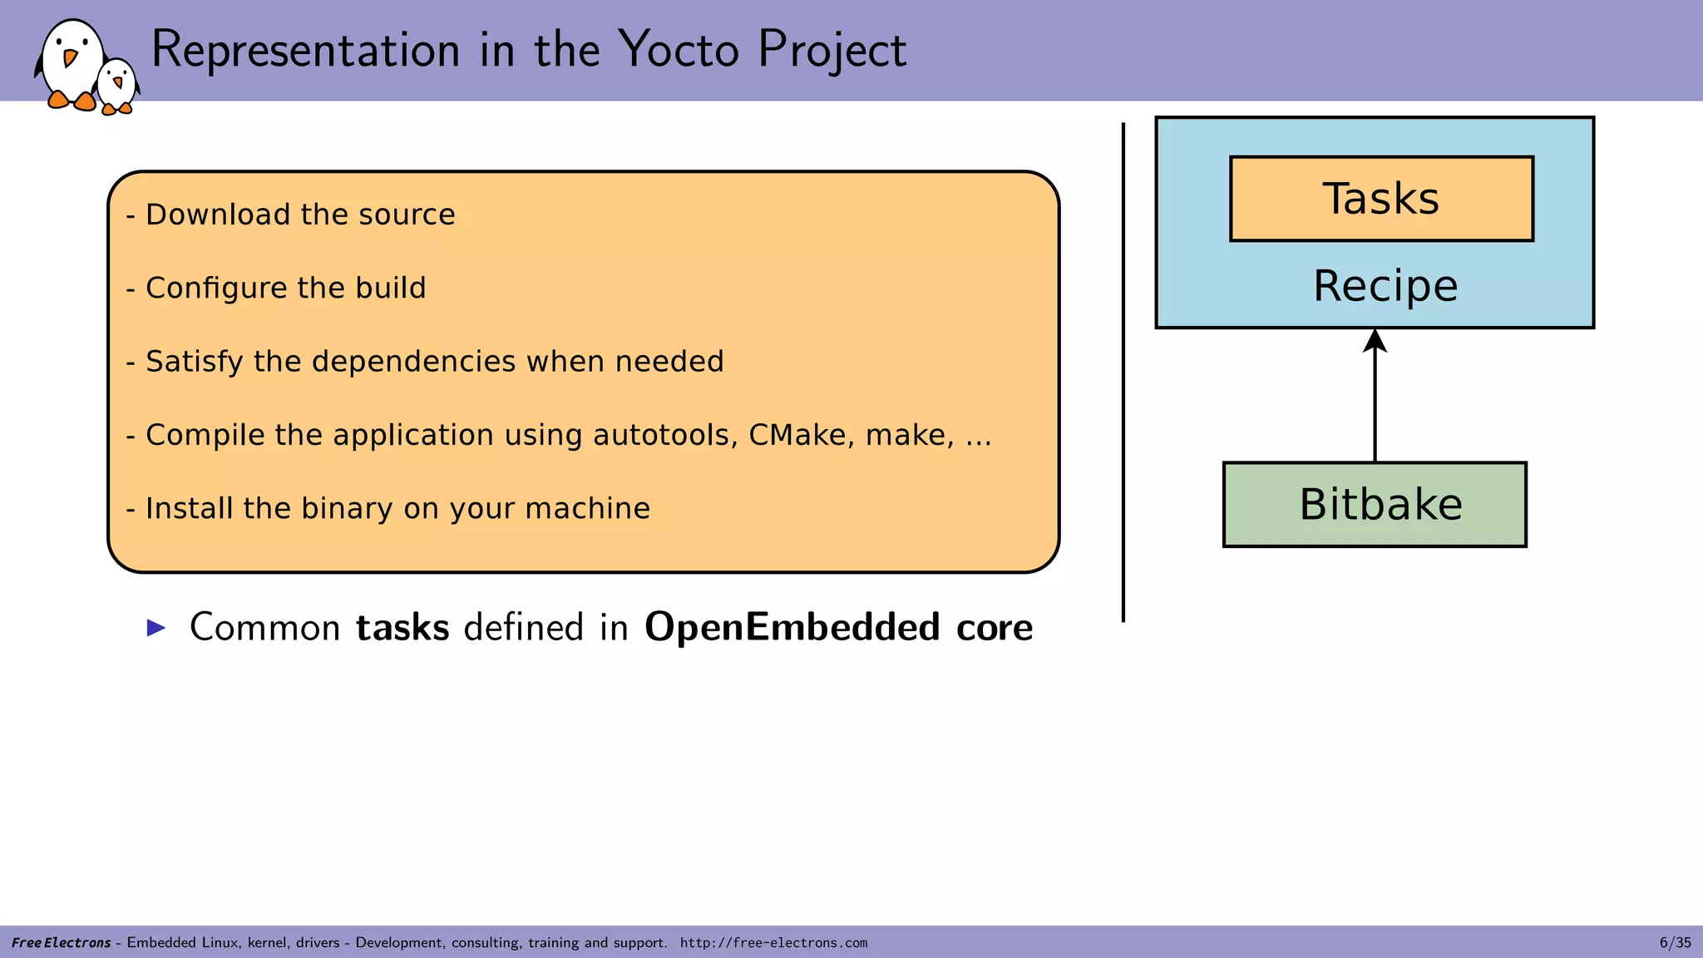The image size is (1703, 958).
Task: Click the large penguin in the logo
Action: coord(71,62)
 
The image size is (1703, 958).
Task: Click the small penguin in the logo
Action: coord(117,85)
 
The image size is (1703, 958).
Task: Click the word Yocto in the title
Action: coord(679,50)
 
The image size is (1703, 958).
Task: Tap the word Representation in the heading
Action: coord(305,50)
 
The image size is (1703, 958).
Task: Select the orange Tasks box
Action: coord(1381,199)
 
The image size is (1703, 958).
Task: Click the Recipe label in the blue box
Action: coord(1385,286)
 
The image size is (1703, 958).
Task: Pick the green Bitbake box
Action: coord(1375,504)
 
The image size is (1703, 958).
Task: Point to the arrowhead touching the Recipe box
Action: coord(1375,340)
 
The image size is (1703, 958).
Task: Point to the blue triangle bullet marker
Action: coord(156,628)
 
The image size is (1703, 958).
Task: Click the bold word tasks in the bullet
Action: coord(402,628)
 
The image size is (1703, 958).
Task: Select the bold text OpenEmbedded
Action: coord(792,628)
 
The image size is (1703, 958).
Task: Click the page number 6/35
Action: coord(1675,942)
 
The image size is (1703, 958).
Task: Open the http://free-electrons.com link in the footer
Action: coord(773,943)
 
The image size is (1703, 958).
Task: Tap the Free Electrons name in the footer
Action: coord(62,943)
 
